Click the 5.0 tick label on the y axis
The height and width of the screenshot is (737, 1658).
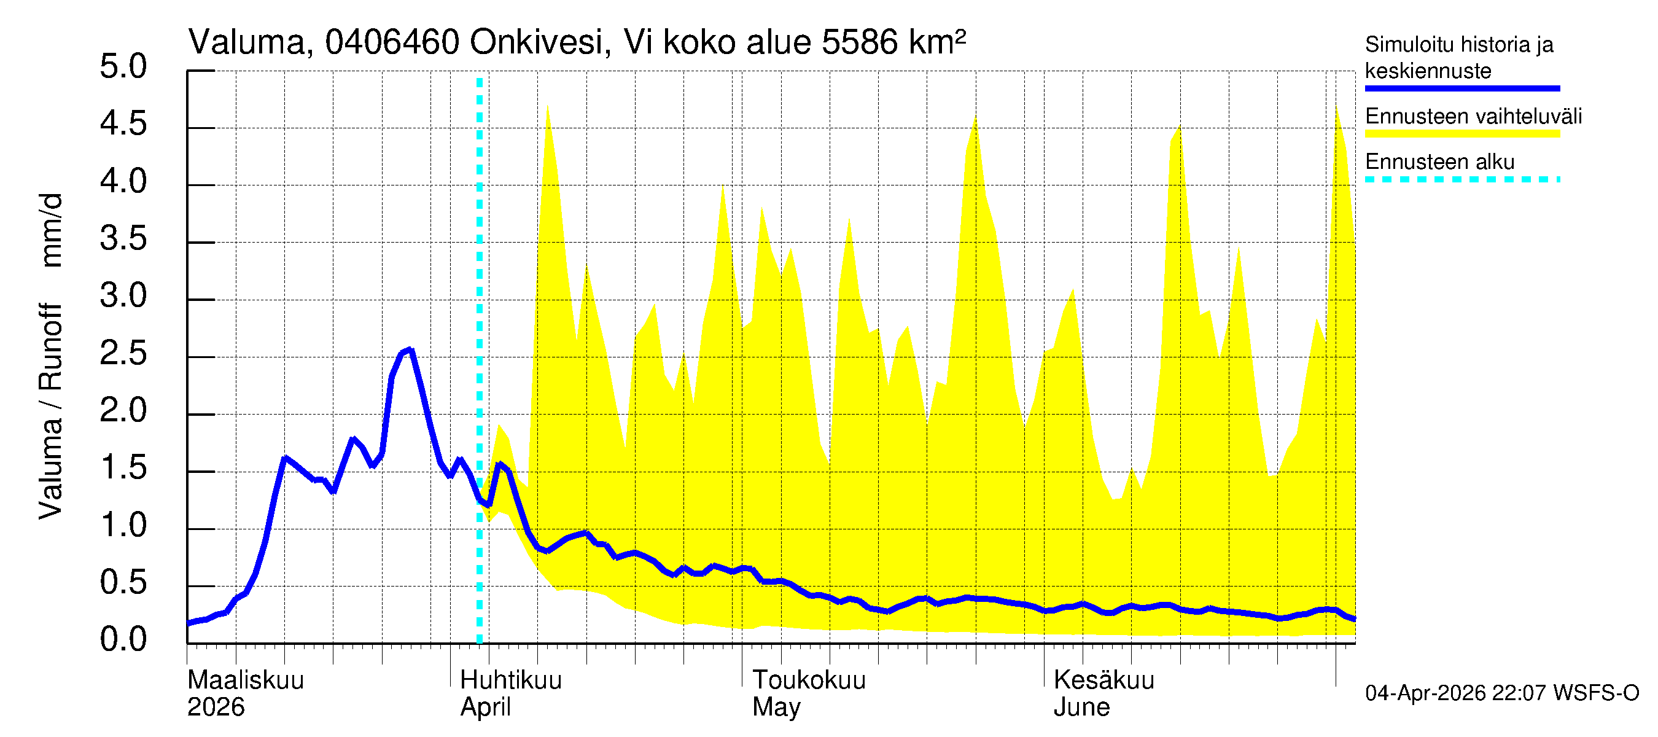123,67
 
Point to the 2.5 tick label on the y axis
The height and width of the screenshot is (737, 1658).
123,354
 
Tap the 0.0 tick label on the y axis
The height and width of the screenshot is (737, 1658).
123,640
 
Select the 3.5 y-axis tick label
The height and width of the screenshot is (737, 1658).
123,240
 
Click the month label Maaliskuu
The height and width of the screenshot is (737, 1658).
245,680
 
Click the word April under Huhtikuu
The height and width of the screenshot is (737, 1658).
485,708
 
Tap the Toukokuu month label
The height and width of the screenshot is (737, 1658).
809,680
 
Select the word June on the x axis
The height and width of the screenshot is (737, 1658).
1081,708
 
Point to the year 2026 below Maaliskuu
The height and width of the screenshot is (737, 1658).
216,708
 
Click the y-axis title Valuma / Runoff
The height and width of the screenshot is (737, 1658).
50,412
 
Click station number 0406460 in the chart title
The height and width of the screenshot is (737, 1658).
392,43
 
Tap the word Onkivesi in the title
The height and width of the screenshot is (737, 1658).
536,43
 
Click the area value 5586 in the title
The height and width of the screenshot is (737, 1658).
859,43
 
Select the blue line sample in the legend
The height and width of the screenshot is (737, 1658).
1461,88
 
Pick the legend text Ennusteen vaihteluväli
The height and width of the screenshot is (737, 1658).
1473,117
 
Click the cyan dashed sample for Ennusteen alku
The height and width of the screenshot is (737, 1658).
1461,179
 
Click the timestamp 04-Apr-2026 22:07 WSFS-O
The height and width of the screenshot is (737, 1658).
1501,693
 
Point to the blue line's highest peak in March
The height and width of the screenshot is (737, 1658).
410,349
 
